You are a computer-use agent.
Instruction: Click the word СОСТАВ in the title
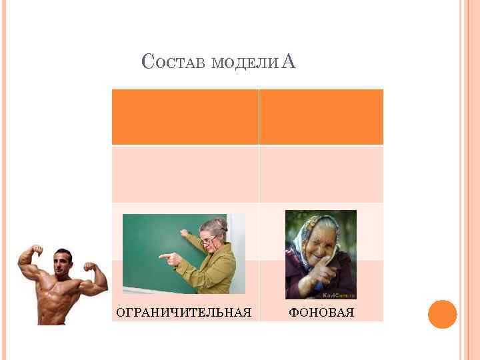[174, 63]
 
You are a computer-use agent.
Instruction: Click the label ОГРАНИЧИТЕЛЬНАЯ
[184, 312]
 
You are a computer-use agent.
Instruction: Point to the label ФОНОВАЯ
[321, 312]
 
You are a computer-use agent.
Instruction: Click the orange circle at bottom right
[442, 314]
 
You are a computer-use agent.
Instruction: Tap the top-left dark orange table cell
[185, 117]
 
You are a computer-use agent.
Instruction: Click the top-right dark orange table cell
[321, 117]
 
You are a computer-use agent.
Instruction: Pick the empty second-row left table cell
[185, 174]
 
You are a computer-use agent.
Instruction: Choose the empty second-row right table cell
[321, 174]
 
